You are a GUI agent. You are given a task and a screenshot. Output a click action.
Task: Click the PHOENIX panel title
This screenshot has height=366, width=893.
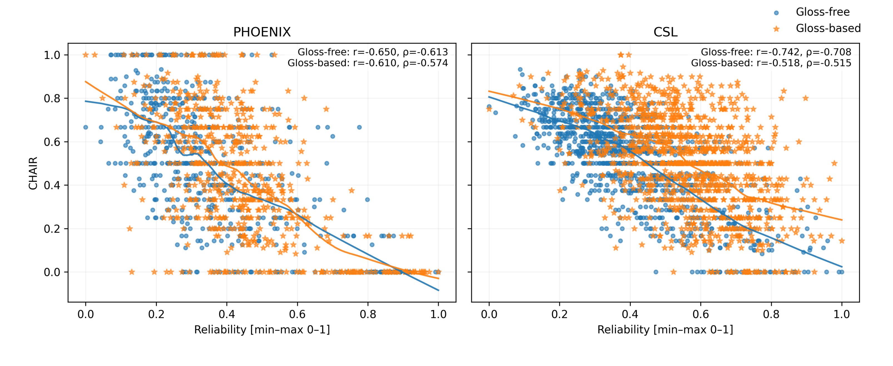[262, 32]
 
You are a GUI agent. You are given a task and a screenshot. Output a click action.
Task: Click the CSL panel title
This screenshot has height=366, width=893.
[665, 32]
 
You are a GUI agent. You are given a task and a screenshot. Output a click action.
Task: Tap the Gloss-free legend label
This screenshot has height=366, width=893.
[822, 12]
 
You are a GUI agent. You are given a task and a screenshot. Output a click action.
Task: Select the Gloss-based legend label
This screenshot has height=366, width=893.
[828, 28]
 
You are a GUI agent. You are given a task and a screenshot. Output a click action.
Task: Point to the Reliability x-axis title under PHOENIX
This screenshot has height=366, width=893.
[262, 330]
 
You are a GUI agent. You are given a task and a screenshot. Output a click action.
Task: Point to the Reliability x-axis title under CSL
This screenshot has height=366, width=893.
[665, 330]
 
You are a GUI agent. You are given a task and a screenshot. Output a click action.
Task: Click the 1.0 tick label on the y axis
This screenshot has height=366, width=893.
[52, 55]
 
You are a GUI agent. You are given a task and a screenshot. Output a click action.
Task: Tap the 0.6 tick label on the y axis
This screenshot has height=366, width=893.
[52, 142]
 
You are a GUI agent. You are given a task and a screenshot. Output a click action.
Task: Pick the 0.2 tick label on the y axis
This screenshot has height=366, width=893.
[52, 229]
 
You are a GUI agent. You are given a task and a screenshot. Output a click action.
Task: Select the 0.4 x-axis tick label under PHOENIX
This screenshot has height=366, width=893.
[227, 314]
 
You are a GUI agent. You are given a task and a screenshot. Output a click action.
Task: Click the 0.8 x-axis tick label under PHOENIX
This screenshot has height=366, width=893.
[368, 314]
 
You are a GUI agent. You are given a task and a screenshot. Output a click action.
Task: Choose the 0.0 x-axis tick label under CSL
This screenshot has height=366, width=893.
[489, 314]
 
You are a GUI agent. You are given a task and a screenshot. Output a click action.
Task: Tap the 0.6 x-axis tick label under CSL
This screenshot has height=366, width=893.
[701, 314]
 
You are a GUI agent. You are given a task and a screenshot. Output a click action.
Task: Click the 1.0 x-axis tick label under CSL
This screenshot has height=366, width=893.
[842, 314]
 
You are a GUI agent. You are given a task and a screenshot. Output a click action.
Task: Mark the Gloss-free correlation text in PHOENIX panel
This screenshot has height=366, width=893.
[373, 52]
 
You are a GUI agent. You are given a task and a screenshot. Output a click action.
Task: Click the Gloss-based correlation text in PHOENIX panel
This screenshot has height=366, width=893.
[368, 63]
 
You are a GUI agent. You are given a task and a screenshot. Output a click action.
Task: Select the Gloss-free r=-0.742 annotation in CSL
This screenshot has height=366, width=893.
[776, 52]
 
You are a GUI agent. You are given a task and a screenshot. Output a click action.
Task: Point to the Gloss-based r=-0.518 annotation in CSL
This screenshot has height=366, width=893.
[771, 63]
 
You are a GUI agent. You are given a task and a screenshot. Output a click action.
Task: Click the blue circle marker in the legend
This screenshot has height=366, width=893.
[776, 13]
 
